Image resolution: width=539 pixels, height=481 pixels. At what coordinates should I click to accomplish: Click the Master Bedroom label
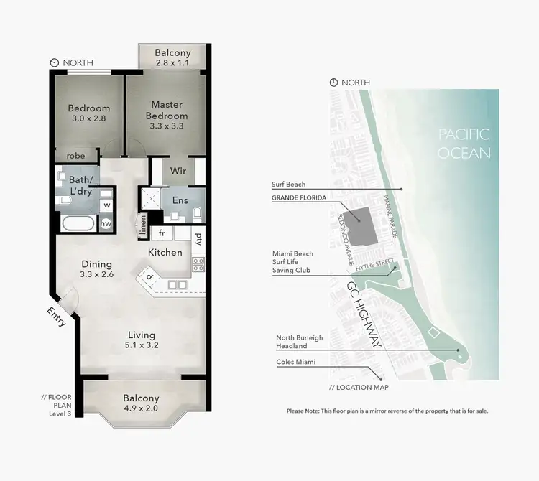coord(167,111)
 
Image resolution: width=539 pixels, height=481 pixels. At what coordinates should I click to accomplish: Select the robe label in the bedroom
coord(76,155)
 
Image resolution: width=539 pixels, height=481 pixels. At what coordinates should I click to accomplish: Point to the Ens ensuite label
coord(180,200)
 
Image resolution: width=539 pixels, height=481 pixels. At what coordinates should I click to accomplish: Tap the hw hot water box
coord(106,224)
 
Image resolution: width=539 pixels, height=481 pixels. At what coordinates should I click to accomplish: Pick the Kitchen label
coord(165,253)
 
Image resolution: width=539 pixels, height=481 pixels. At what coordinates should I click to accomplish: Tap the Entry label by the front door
coord(57,317)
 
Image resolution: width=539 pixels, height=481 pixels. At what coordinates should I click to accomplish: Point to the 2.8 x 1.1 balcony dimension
coord(172,64)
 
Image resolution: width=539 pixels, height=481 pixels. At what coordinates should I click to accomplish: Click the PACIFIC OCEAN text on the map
coord(464,143)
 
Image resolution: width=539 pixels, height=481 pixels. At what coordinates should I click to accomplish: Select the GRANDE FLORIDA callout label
coord(299,197)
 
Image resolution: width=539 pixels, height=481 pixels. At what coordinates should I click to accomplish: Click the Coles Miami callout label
coord(296,362)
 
